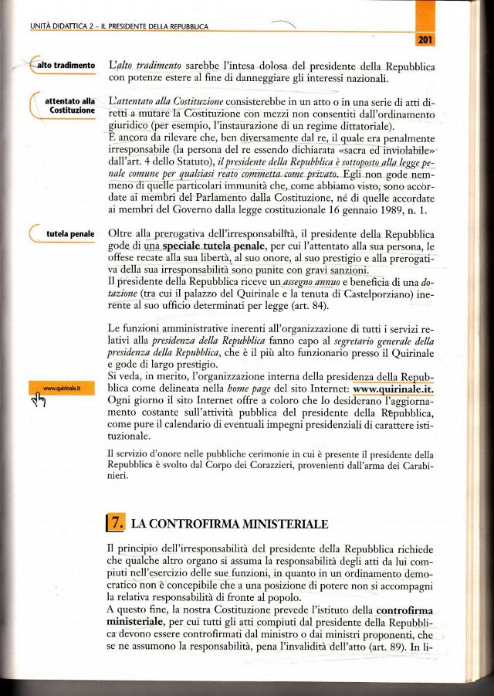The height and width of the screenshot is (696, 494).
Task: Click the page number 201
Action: coord(425,39)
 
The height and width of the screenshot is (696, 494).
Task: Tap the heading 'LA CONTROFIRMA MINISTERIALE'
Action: coord(231,524)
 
